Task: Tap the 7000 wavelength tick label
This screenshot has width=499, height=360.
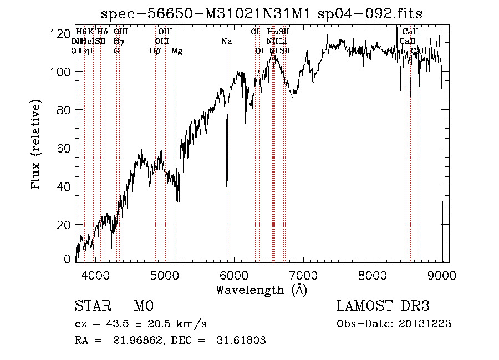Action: pos(303,275)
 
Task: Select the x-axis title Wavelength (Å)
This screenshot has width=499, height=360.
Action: pos(261,290)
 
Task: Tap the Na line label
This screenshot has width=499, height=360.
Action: pos(226,42)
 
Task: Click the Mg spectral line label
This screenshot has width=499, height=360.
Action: pos(177,51)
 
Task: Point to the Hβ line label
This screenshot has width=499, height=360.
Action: pos(155,51)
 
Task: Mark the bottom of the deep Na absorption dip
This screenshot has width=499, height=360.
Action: pos(227,190)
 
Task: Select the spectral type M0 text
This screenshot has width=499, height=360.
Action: pos(143,307)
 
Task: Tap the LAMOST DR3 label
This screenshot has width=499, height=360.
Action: pos(383,307)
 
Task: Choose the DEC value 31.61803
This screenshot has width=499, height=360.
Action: pos(241,341)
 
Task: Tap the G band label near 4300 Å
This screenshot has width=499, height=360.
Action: pos(116,51)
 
